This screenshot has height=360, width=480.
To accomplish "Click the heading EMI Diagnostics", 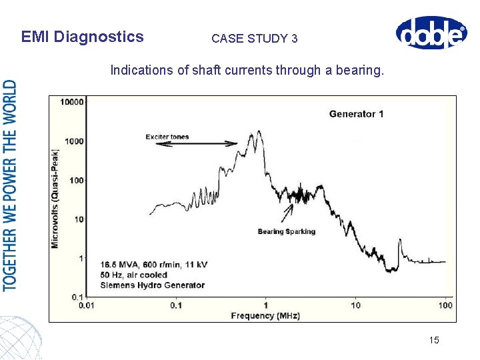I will click(82, 37).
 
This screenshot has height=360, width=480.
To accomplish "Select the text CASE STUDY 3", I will click(254, 39).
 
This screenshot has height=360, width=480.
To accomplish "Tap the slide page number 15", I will click(434, 341).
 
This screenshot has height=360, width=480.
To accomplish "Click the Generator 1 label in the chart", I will click(356, 114).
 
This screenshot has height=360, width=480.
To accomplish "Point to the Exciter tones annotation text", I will click(167, 137).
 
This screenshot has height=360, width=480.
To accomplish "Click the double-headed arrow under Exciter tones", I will click(192, 143).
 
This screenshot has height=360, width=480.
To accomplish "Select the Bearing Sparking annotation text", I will click(286, 231).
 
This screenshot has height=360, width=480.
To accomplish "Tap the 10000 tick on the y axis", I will click(73, 102).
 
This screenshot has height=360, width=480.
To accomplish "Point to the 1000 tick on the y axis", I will click(75, 141).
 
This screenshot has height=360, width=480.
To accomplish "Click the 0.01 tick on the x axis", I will click(87, 305).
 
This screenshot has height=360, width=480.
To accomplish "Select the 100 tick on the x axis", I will click(445, 305).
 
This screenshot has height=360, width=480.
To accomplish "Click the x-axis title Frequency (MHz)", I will click(265, 315).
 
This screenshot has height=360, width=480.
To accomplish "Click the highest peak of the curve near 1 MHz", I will click(258, 132).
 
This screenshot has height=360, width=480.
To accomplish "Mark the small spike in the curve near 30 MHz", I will click(399, 240).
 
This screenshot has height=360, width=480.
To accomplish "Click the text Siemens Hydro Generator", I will click(153, 285).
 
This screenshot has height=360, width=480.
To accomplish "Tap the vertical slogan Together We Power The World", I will click(11, 185).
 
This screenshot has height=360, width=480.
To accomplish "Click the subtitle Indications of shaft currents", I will click(247, 69).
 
